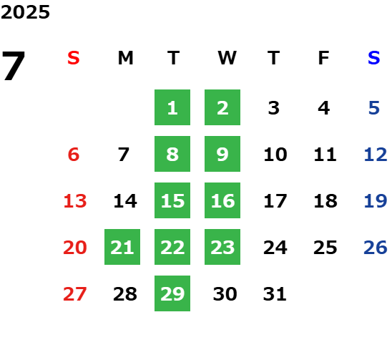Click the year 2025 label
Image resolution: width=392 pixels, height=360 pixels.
25,12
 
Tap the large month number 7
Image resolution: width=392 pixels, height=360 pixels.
14,66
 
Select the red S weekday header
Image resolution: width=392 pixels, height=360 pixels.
74,58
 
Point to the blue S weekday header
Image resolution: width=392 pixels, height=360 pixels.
374,58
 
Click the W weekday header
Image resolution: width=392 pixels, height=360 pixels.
227,58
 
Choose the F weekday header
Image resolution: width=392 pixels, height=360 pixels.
324,58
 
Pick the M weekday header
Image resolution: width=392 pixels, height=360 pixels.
125,58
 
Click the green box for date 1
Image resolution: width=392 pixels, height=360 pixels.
172,107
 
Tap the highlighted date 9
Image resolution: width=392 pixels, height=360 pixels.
222,154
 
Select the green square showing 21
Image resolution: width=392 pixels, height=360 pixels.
122,247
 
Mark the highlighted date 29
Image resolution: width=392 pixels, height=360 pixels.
172,293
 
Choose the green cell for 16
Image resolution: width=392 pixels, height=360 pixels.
222,200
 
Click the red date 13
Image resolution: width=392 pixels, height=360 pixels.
75,201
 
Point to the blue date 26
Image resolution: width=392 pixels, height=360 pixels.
376,248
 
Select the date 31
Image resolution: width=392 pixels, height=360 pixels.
275,294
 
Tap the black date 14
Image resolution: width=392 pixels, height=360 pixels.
125,201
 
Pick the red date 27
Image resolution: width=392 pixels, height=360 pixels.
75,294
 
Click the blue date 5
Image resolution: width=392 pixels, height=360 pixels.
374,108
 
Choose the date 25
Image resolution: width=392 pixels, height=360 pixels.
325,248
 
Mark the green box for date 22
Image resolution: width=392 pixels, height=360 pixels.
172,247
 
